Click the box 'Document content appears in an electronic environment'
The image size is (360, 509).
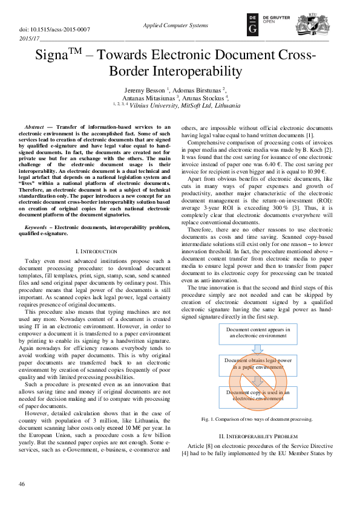coord(258,332)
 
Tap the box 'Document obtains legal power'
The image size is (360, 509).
coord(258,364)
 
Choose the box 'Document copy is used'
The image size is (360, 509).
coord(258,396)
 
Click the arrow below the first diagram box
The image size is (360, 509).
coord(258,348)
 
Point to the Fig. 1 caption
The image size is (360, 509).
coord(257,419)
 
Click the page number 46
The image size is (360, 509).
coord(22,484)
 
